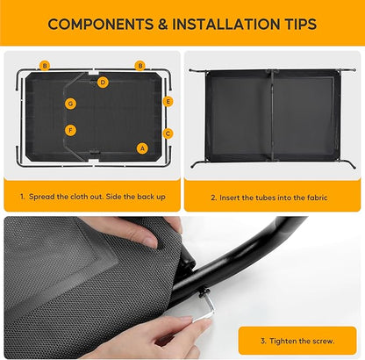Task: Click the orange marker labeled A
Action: click(x=142, y=148)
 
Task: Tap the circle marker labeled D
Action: click(x=103, y=83)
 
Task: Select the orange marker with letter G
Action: click(x=70, y=104)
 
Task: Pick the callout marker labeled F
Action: click(x=70, y=130)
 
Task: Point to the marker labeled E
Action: click(x=168, y=102)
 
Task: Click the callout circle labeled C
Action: click(x=168, y=133)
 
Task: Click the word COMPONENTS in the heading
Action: click(x=101, y=24)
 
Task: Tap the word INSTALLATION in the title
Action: click(x=226, y=24)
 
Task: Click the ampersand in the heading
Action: click(x=163, y=24)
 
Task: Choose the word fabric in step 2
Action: click(x=317, y=198)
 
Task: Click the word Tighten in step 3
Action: click(x=283, y=341)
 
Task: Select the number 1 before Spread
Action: click(x=22, y=197)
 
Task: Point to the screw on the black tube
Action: click(x=204, y=292)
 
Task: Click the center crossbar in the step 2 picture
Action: click(x=272, y=115)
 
